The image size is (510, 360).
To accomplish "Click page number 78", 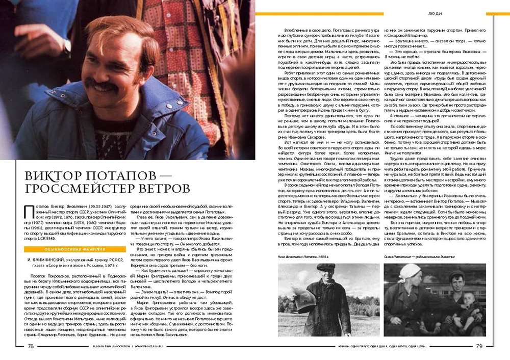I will click(31, 346).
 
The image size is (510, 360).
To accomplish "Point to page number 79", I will click(479, 346).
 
